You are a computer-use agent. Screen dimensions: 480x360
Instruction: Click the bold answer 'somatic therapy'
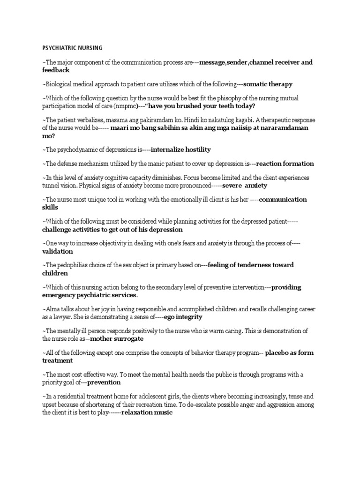[268, 84]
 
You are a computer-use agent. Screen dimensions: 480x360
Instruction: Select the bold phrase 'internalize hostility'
[181, 150]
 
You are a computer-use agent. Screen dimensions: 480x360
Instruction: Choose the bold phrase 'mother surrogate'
[117, 338]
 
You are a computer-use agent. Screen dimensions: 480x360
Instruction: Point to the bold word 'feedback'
[56, 70]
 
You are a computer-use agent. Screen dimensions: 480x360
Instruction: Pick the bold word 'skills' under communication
[50, 207]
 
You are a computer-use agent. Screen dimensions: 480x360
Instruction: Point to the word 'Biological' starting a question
[60, 84]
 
